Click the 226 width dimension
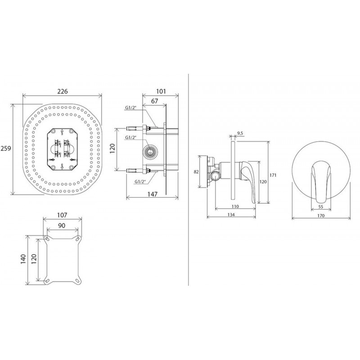tap(63, 91)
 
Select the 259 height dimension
tap(6, 148)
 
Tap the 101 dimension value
tap(161, 91)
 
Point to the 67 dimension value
tap(155, 101)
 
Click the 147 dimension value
tap(153, 194)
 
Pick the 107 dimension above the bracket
tap(62, 215)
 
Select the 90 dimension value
tap(62, 225)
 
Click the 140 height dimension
tap(24, 259)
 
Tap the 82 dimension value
tap(196, 171)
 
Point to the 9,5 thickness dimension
tap(240, 133)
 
